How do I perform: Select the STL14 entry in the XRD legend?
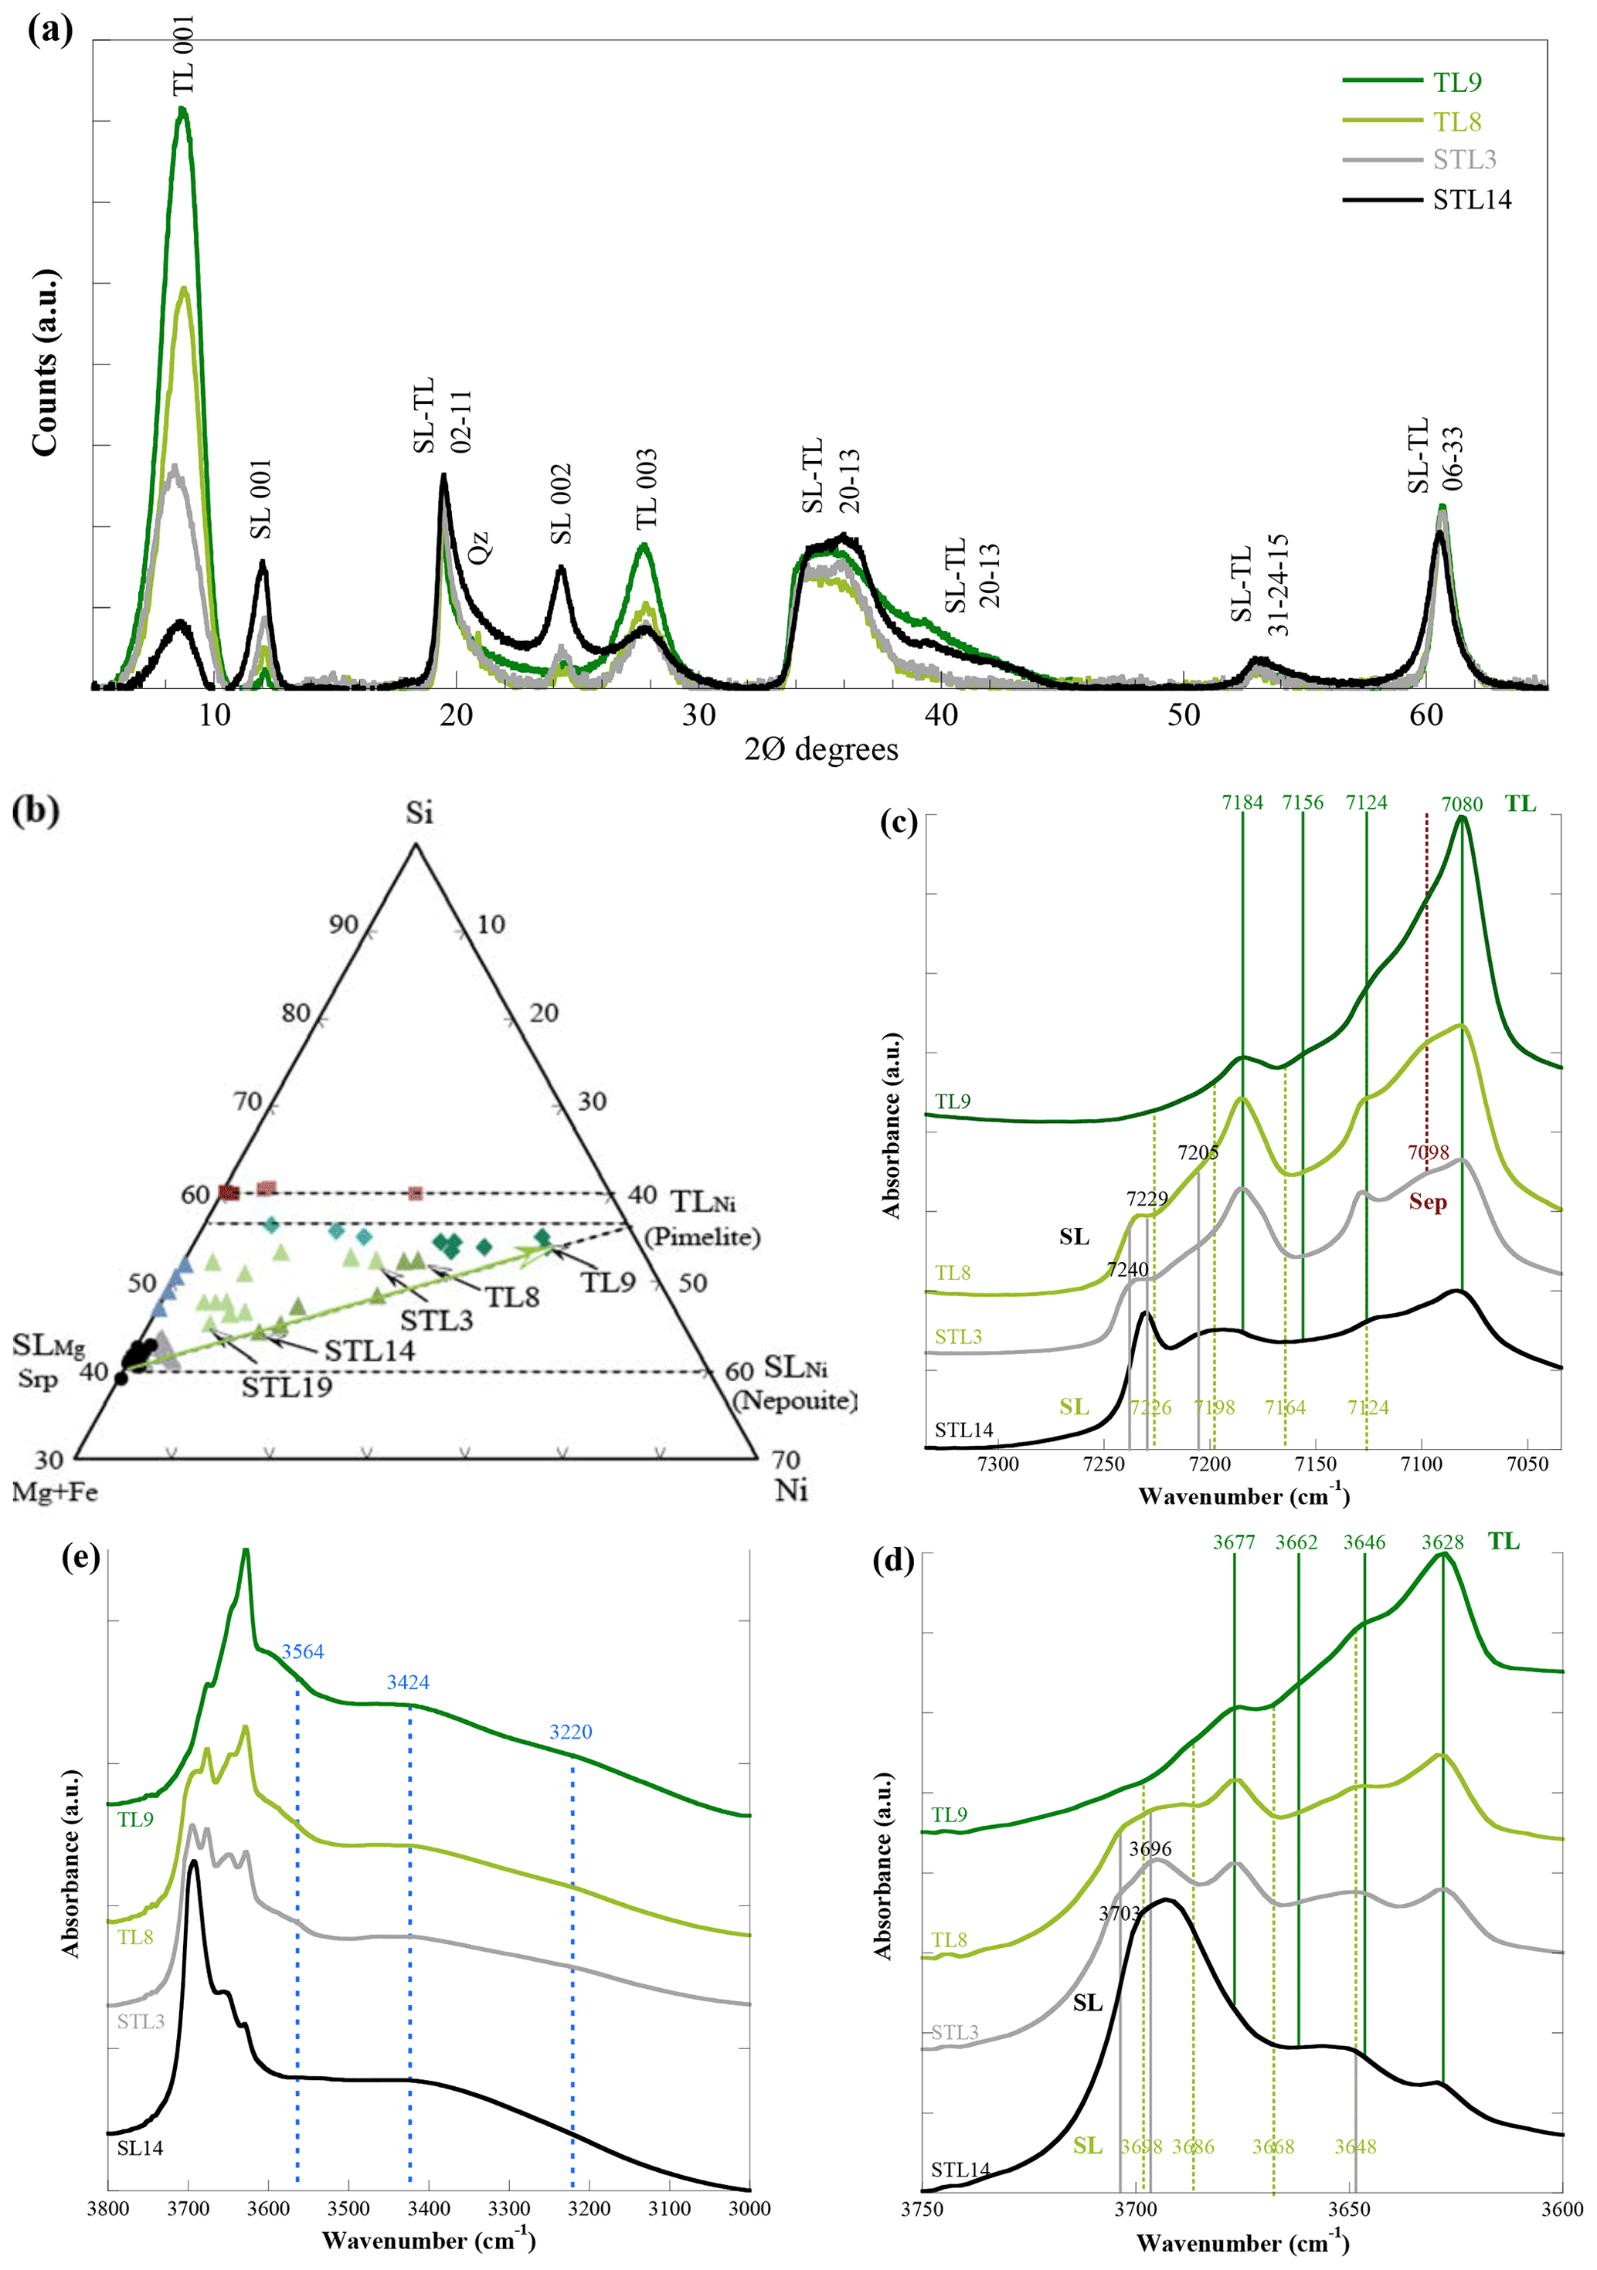click(1471, 200)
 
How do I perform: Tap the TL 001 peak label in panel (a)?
click(184, 56)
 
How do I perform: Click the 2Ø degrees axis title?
click(821, 749)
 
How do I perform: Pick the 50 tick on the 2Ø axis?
click(1184, 714)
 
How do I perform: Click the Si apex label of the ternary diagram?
click(418, 813)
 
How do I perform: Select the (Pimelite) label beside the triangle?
click(702, 1237)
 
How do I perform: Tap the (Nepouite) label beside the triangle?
click(794, 1400)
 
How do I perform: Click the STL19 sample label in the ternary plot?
click(287, 1387)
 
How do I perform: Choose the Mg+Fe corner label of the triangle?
click(54, 1491)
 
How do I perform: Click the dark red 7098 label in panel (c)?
click(1428, 1152)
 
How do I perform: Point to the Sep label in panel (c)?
click(1428, 1203)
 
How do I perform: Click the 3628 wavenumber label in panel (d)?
click(1442, 1542)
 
